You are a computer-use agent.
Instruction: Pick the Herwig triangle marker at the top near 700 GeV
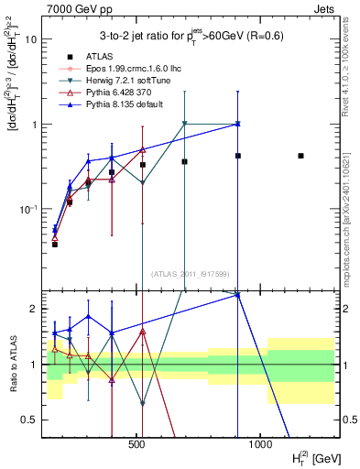(x=185, y=124)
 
